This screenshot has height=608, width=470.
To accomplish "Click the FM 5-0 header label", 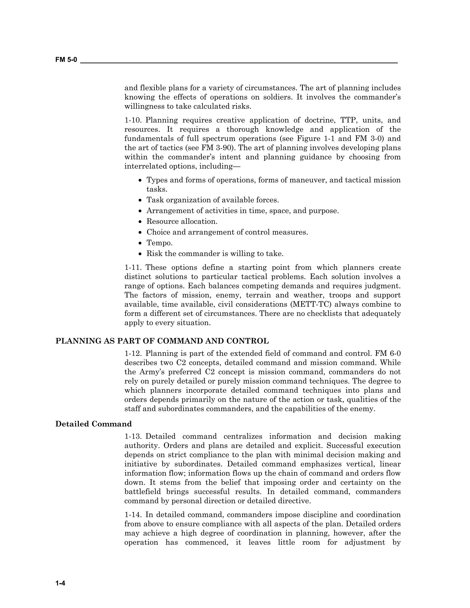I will coord(66,60).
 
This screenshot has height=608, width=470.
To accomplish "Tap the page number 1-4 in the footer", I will coord(60,583).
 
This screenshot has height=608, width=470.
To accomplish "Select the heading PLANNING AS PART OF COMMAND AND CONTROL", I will coord(162,341).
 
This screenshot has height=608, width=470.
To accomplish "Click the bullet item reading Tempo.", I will coord(159,243).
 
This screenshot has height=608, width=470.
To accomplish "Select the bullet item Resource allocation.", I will coord(182,222).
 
